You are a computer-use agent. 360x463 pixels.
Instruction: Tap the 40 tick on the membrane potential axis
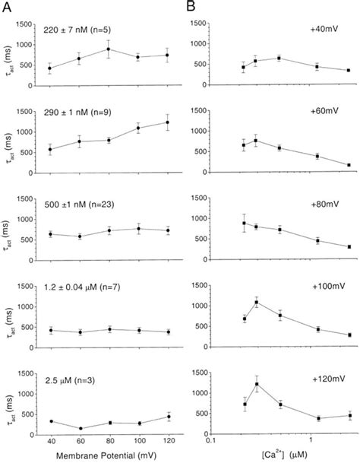(50, 440)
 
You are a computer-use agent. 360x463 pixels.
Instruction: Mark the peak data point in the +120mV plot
(257, 384)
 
